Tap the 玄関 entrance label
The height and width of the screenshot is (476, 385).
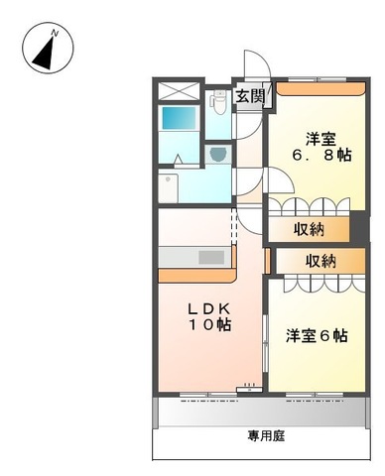pyautogui.click(x=249, y=97)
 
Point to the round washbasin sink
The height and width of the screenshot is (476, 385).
pyautogui.click(x=217, y=154)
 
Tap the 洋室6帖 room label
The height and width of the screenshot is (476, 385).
pyautogui.click(x=317, y=335)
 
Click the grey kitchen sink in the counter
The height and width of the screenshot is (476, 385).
pyautogui.click(x=211, y=257)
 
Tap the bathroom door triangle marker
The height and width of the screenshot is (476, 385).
pyautogui.click(x=176, y=158)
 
